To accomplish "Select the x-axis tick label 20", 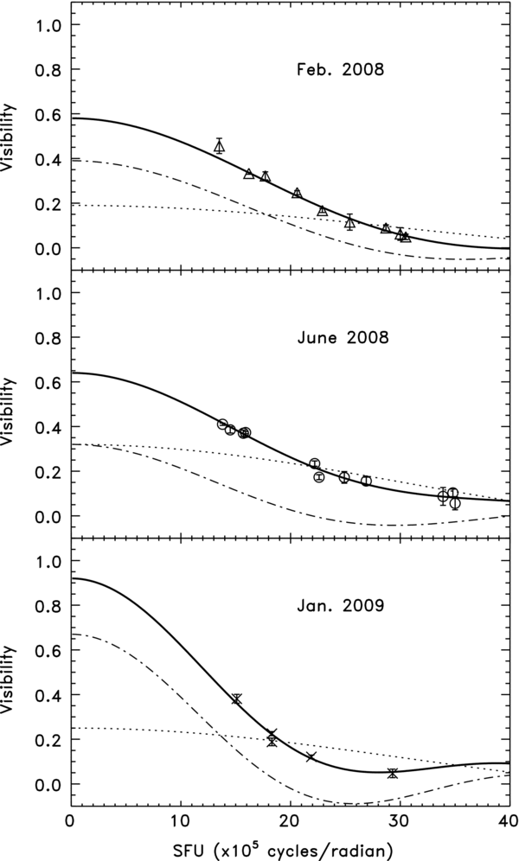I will click(x=289, y=817).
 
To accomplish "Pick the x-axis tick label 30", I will click(x=398, y=817).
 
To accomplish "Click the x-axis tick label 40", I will click(x=507, y=817).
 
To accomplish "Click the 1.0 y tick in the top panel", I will click(x=48, y=26).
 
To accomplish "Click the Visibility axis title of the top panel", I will click(x=10, y=137).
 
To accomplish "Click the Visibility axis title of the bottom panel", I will click(x=10, y=673).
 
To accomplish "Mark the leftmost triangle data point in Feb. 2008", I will click(x=220, y=147).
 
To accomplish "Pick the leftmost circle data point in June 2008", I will click(x=222, y=424).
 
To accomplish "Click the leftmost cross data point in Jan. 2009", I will click(x=236, y=698).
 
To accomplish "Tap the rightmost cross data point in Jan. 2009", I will click(x=393, y=773).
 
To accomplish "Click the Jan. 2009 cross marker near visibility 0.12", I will click(x=311, y=757).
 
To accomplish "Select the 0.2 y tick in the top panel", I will click(x=48, y=204).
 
